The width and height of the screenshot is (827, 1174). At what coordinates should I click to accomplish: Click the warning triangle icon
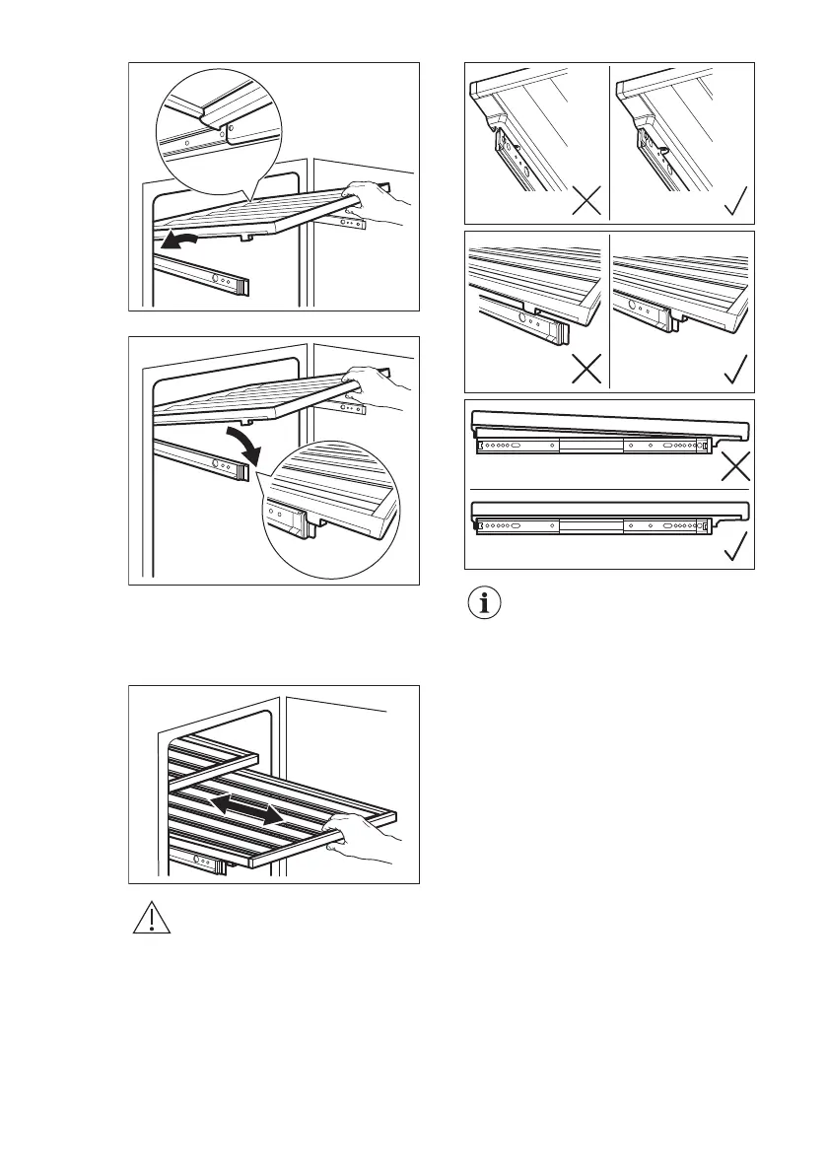pyautogui.click(x=151, y=918)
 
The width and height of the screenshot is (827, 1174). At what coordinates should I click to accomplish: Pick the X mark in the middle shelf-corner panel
pyautogui.click(x=586, y=370)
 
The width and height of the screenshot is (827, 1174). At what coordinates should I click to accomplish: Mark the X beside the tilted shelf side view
pyautogui.click(x=735, y=466)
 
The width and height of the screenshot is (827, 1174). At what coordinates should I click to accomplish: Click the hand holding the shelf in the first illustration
pyautogui.click(x=379, y=202)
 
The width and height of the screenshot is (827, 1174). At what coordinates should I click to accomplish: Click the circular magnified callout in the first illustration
pyautogui.click(x=218, y=130)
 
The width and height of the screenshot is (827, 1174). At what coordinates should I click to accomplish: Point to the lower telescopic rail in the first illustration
pyautogui.click(x=207, y=273)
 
